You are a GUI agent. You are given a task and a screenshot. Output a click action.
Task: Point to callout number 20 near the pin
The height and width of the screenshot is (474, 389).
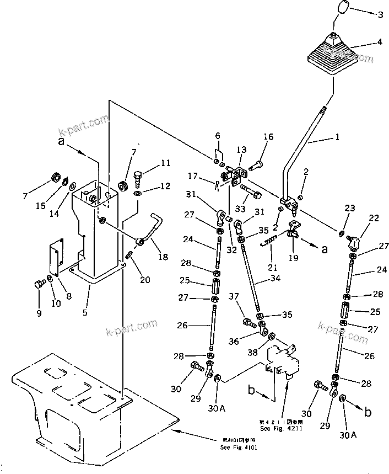(x=145, y=280)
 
